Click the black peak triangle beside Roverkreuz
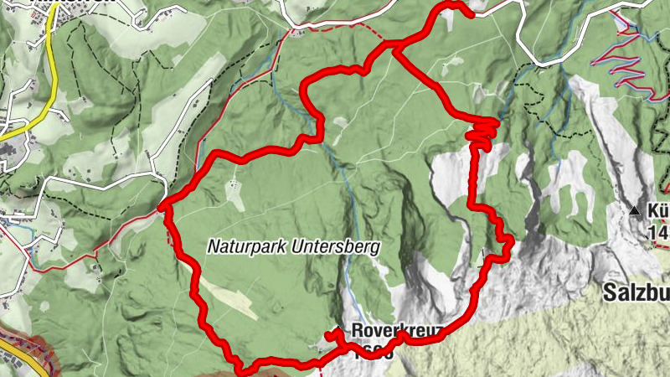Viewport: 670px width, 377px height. [x=338, y=328]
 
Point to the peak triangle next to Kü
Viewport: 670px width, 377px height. [x=635, y=209]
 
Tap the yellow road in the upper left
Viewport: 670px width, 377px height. [x=49, y=59]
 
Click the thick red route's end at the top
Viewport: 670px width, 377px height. [x=471, y=13]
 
